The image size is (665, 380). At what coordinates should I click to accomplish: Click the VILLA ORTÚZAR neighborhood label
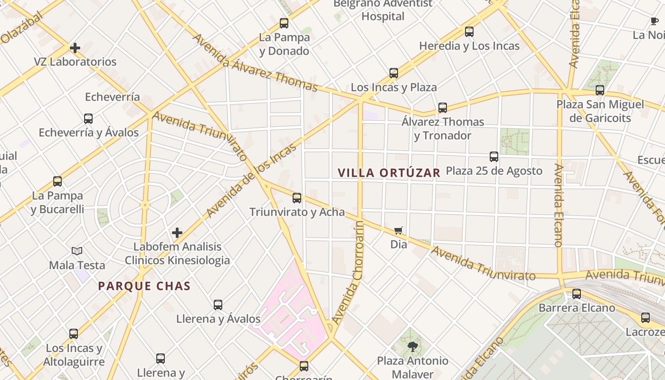pyautogui.click(x=389, y=172)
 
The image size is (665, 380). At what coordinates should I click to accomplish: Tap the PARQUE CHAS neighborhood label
pyautogui.click(x=144, y=286)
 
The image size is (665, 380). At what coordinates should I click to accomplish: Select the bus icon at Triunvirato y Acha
pyautogui.click(x=297, y=198)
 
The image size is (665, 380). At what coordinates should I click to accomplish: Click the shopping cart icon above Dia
pyautogui.click(x=399, y=231)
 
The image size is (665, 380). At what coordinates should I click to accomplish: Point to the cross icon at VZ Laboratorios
pyautogui.click(x=75, y=48)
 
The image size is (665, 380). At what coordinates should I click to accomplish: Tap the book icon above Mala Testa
pyautogui.click(x=77, y=251)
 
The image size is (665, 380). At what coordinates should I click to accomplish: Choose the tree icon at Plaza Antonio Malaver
pyautogui.click(x=412, y=347)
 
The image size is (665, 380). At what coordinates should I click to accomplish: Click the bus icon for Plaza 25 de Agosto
pyautogui.click(x=494, y=156)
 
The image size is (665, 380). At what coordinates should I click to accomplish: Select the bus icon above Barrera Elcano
pyautogui.click(x=576, y=294)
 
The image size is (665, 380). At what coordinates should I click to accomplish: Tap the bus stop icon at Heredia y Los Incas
pyautogui.click(x=469, y=32)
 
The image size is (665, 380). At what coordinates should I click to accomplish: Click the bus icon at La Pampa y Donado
pyautogui.click(x=284, y=23)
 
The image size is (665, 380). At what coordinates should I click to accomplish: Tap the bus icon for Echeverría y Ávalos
pyautogui.click(x=88, y=118)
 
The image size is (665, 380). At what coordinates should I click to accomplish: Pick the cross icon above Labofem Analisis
pyautogui.click(x=177, y=233)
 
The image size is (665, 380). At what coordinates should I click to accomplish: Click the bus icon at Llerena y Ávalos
pyautogui.click(x=218, y=304)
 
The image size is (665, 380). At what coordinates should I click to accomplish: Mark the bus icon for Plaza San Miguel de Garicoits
pyautogui.click(x=600, y=90)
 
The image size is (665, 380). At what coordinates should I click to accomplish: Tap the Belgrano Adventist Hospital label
pyautogui.click(x=383, y=10)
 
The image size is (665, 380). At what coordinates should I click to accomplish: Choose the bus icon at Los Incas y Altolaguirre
pyautogui.click(x=74, y=333)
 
